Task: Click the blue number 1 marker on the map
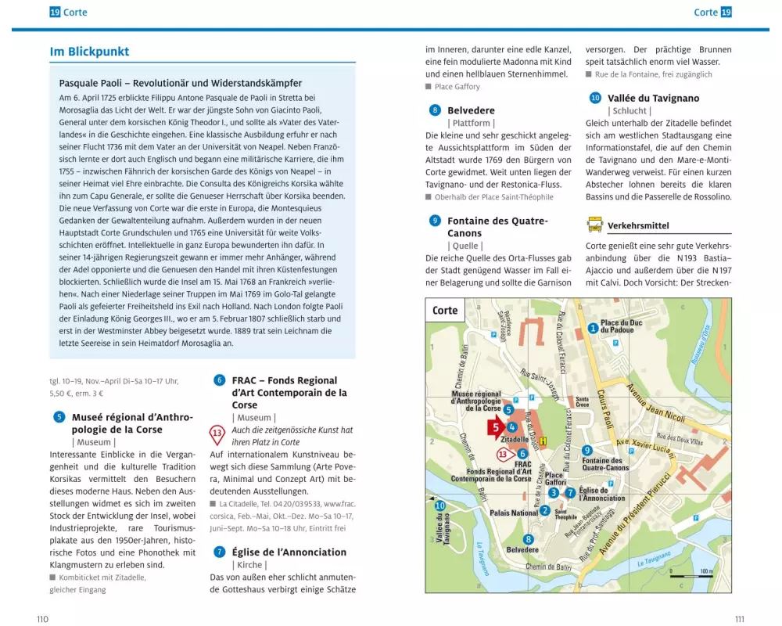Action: pos(593,328)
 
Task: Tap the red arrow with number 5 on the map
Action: pos(495,427)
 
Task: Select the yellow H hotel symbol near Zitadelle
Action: pos(543,441)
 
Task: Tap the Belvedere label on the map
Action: pos(522,550)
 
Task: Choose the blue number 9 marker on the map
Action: pos(586,450)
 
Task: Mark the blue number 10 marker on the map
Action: pos(439,505)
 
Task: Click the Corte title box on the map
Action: pos(445,310)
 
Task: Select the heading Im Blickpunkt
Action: pos(89,52)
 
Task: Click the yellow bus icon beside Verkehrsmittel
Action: pos(594,225)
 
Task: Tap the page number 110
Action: pos(42,619)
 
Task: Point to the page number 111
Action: pos(740,619)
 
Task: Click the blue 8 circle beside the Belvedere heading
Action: pos(435,110)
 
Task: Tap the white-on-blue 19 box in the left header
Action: pos(55,12)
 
